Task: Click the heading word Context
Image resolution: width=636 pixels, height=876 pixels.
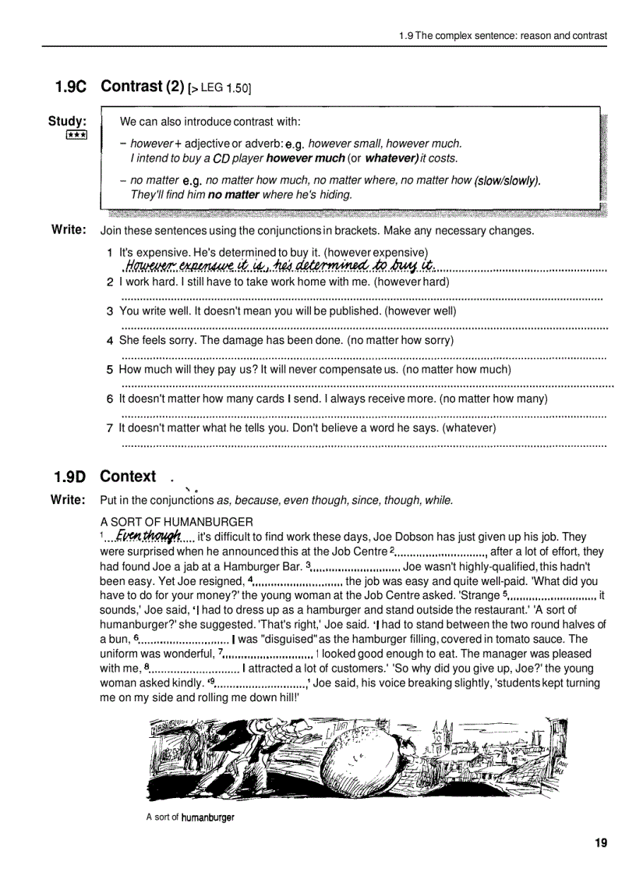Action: [x=128, y=476]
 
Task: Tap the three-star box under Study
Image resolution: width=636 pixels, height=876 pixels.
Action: [x=76, y=135]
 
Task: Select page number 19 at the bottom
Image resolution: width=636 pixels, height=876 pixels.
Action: [x=600, y=842]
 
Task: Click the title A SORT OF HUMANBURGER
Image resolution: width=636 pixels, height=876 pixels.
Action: [x=176, y=521]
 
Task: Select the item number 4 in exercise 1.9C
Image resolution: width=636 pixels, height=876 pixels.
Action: [x=110, y=341]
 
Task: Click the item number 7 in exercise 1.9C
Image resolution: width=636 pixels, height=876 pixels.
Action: [x=110, y=428]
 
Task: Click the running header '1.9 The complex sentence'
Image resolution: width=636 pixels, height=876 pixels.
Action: [x=502, y=35]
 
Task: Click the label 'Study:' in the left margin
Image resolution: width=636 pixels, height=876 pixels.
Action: [x=67, y=121]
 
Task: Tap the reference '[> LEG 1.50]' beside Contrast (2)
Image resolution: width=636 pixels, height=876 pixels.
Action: [x=219, y=89]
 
